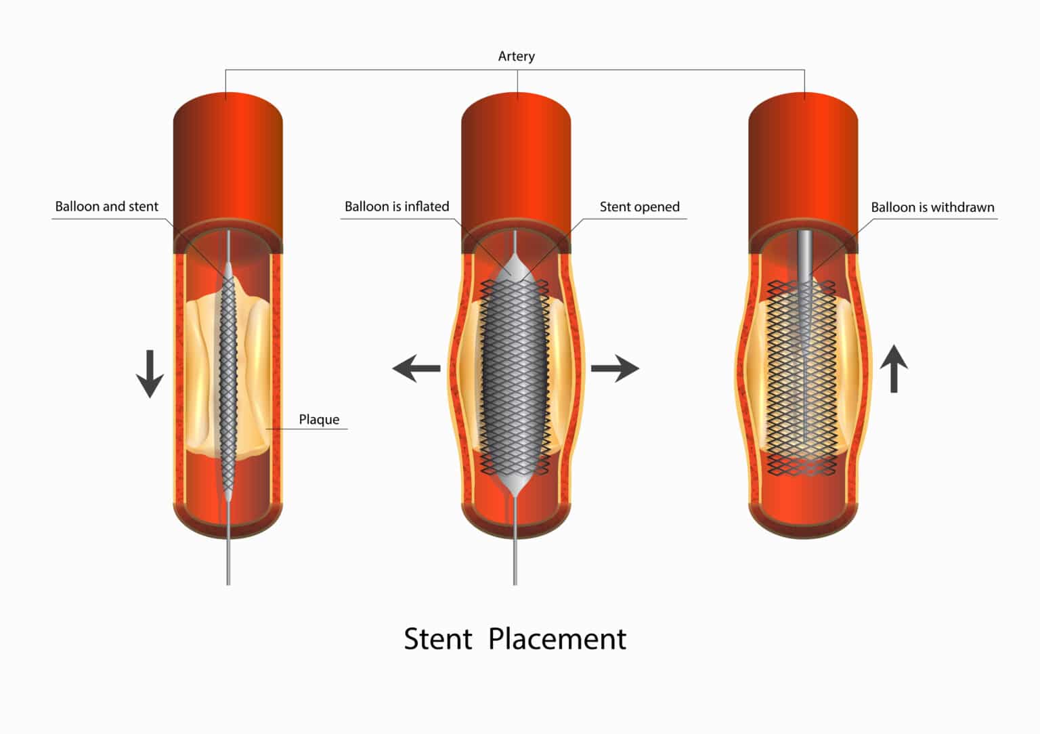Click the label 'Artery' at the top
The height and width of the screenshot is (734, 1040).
[x=517, y=57]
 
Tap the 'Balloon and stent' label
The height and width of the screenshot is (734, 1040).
[x=107, y=207]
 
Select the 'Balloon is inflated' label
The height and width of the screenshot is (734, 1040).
[x=397, y=207]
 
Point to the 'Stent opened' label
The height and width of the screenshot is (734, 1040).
[x=639, y=207]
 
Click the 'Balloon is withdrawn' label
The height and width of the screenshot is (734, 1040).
[x=932, y=207]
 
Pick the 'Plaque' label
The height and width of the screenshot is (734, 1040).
[x=319, y=420]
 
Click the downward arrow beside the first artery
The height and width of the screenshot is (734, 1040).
[x=150, y=374]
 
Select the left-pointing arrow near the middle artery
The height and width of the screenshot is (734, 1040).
[x=416, y=368]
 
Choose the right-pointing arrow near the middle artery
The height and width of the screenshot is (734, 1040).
[x=615, y=368]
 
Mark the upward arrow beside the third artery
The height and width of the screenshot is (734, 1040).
[x=894, y=369]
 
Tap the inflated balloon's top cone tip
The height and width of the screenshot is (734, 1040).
[x=515, y=253]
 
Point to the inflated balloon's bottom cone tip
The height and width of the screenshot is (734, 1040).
[x=515, y=496]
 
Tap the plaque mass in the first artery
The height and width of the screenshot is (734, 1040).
[x=204, y=372]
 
